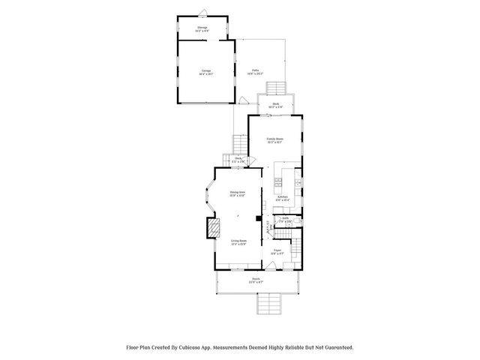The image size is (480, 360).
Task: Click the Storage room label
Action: [202, 27]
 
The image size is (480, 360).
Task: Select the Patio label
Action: [255, 70]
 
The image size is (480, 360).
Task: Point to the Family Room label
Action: [275, 139]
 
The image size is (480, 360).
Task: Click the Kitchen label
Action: [282, 198]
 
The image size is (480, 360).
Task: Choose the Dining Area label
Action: [238, 193]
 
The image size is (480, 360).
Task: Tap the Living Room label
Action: [239, 241]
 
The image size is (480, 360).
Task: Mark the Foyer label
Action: [277, 250]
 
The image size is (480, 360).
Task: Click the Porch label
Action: [256, 280]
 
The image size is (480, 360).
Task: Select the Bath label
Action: [286, 218]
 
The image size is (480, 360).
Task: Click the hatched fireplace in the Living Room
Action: [214, 227]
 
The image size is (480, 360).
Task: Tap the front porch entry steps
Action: [268, 303]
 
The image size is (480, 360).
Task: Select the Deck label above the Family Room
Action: [276, 104]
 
